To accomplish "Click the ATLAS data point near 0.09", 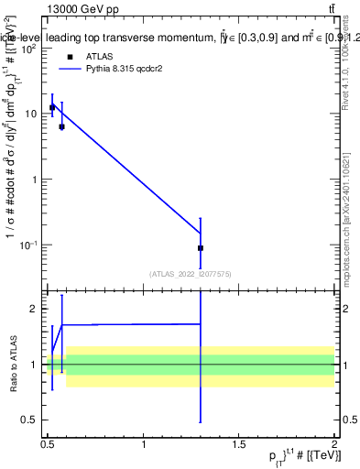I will point(201,248).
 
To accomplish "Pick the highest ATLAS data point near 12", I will point(52,107).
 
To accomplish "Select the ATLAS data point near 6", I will point(61,126).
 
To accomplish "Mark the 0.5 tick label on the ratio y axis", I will point(31,420).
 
